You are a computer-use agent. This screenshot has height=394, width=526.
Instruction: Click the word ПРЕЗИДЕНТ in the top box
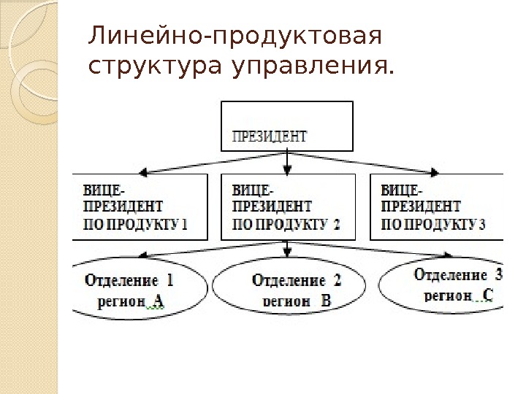click(x=270, y=135)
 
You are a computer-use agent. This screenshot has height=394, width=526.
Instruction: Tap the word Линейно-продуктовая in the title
click(x=235, y=36)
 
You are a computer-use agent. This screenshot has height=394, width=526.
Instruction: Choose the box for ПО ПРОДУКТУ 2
click(x=287, y=206)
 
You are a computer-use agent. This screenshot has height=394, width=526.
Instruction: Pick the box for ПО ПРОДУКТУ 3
click(x=437, y=206)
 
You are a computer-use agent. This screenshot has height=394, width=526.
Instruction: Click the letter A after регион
click(x=158, y=301)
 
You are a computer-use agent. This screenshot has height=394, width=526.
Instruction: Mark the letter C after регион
click(x=489, y=295)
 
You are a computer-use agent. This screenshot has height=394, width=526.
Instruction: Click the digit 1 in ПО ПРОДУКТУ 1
click(x=184, y=225)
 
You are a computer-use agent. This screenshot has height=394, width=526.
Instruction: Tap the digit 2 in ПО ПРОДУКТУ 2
click(x=336, y=225)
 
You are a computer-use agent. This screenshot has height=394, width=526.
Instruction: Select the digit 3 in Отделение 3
click(x=498, y=275)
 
